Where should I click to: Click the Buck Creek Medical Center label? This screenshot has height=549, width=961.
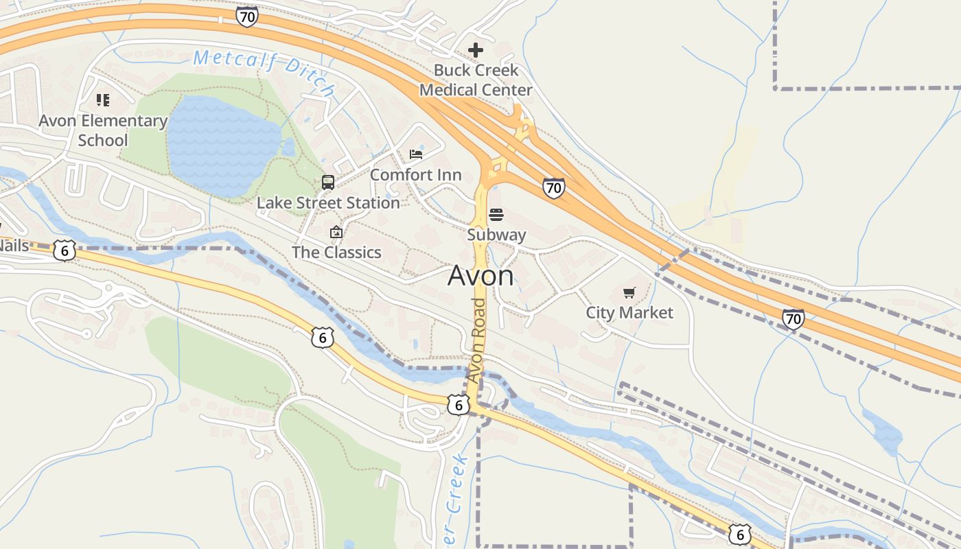[476, 80]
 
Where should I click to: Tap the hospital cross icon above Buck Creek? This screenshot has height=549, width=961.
[475, 50]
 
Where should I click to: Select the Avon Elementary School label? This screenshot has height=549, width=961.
[103, 130]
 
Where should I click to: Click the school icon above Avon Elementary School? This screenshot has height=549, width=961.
[103, 101]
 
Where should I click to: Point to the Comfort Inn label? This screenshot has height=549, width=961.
[416, 175]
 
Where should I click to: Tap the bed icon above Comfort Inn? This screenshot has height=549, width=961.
[416, 154]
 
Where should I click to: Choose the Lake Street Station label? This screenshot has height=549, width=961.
[328, 203]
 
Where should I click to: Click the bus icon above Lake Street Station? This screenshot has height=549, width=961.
[328, 183]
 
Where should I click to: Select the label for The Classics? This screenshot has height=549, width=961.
[336, 253]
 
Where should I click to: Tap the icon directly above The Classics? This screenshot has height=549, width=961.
[336, 233]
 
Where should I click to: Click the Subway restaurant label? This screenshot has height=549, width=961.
[496, 235]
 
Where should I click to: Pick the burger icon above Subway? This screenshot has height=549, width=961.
[496, 215]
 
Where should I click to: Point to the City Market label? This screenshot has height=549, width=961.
[629, 313]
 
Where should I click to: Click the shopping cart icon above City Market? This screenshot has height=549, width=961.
[629, 293]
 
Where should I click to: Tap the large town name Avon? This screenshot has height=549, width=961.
[480, 276]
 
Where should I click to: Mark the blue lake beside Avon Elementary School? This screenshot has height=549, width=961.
[220, 144]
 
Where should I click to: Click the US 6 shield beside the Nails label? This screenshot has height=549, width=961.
[64, 250]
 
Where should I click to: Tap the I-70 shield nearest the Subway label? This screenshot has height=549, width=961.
[553, 187]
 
